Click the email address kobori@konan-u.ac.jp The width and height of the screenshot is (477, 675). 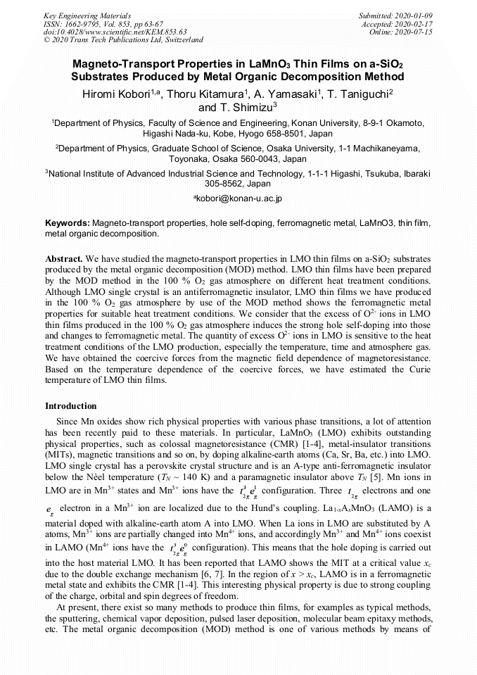click(240, 199)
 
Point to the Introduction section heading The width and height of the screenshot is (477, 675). click(71, 406)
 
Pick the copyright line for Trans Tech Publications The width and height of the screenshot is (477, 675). click(123, 41)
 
